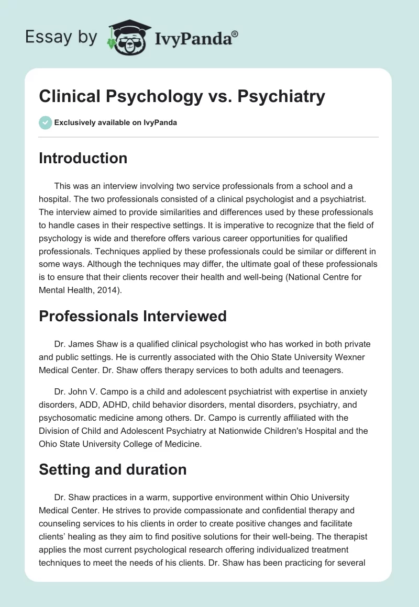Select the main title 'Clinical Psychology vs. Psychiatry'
click(x=182, y=96)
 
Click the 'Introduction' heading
click(x=83, y=158)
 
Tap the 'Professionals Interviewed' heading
click(x=133, y=316)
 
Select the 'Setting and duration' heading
click(x=113, y=469)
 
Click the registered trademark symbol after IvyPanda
click(x=235, y=33)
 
